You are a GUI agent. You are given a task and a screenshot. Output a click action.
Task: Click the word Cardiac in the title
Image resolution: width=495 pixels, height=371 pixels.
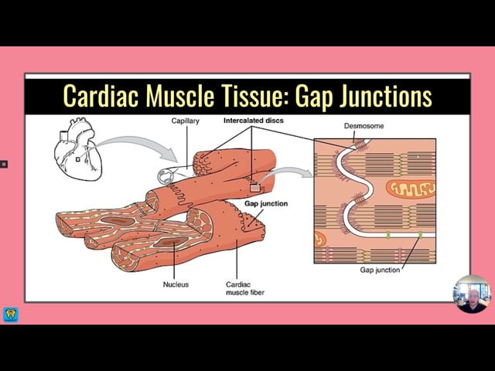pyautogui.click(x=101, y=95)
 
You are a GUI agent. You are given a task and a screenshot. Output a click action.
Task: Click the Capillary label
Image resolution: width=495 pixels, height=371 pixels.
pyautogui.click(x=186, y=121)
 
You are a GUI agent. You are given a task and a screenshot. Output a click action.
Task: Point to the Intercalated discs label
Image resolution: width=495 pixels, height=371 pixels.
pyautogui.click(x=254, y=121)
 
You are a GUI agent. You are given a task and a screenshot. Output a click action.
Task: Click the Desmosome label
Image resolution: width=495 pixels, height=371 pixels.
pyautogui.click(x=364, y=126)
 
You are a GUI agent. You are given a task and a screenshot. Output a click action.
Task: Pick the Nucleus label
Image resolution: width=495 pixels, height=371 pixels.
pyautogui.click(x=176, y=284)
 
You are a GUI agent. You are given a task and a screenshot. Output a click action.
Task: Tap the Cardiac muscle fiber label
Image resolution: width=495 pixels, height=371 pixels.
pyautogui.click(x=245, y=288)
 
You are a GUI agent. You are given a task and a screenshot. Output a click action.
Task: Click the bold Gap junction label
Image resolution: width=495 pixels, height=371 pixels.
pyautogui.click(x=266, y=203)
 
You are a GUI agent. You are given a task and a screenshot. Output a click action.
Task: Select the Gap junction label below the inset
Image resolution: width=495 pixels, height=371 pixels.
pyautogui.click(x=380, y=270)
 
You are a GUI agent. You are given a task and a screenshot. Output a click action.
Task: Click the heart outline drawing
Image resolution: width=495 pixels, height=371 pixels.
pyautogui.click(x=78, y=149)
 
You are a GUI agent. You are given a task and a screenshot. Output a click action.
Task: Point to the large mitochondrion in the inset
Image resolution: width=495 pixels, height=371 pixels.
pyautogui.click(x=411, y=189)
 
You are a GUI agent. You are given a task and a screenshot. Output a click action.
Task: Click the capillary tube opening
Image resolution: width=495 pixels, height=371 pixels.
pyautogui.click(x=165, y=176)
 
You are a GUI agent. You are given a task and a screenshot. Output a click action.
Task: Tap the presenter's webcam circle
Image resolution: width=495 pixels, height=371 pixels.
pyautogui.click(x=472, y=294)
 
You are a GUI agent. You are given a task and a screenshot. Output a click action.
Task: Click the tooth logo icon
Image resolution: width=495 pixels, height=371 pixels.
pyautogui.click(x=11, y=315)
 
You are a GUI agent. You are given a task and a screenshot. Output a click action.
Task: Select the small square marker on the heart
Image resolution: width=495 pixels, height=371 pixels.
pyautogui.click(x=77, y=159)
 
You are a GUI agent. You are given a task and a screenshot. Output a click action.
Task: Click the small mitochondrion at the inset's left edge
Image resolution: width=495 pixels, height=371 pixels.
pyautogui.click(x=319, y=239)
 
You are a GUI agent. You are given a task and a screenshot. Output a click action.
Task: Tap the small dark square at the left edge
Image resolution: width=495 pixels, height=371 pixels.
pyautogui.click(x=3, y=165)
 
